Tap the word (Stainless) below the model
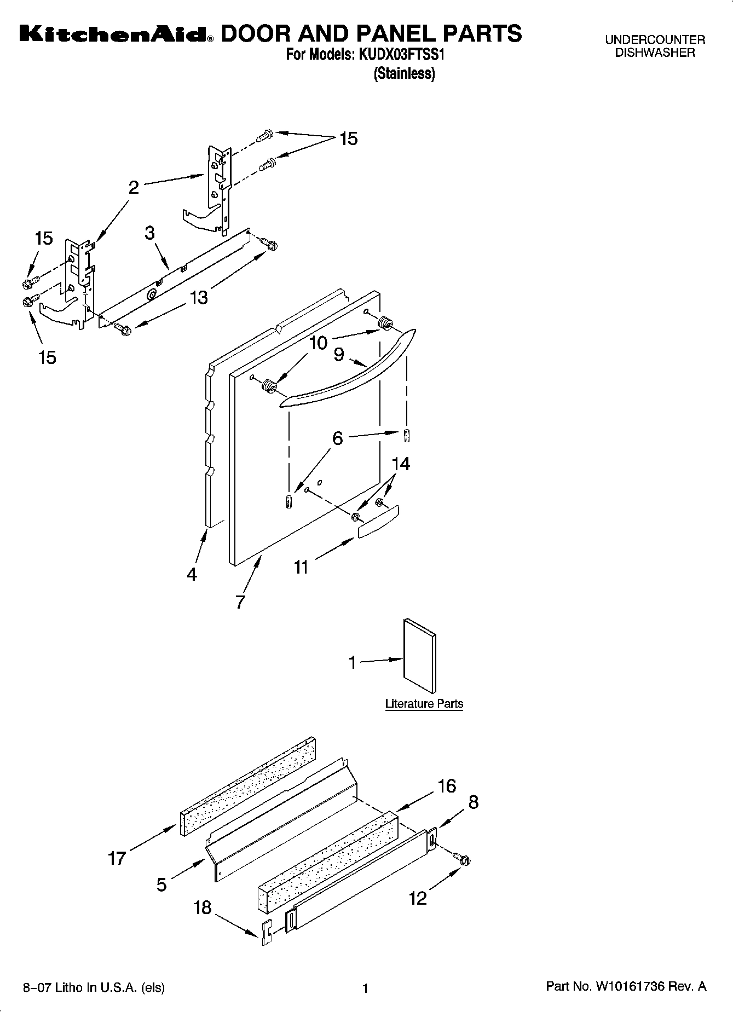click(404, 73)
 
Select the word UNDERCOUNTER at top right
click(655, 40)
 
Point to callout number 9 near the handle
click(339, 355)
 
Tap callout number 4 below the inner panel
click(192, 575)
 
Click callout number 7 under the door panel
click(240, 602)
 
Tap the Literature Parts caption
click(424, 704)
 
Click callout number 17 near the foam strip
click(117, 858)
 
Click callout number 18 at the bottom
click(203, 907)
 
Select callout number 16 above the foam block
click(447, 786)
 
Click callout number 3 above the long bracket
click(149, 233)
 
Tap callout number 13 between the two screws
click(199, 297)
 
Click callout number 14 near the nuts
click(401, 464)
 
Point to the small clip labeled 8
click(432, 839)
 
